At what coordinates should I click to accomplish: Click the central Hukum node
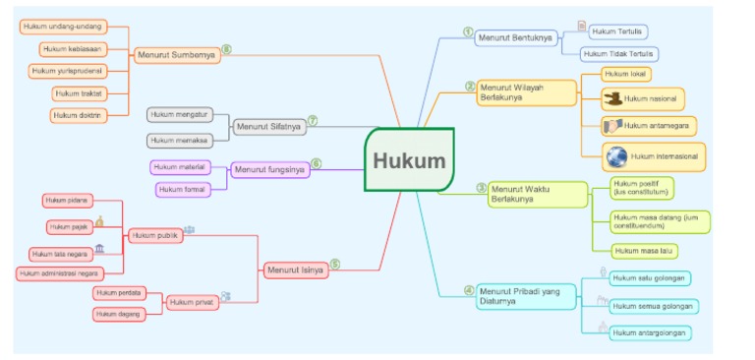(x=409, y=160)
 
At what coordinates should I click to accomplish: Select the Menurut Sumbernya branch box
(x=176, y=54)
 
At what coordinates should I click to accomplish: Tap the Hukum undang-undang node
(x=62, y=26)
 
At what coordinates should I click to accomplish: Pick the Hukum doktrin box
(x=78, y=115)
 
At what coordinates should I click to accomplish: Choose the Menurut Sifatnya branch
(x=269, y=127)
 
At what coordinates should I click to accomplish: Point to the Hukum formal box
(x=181, y=188)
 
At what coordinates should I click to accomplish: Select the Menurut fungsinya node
(x=269, y=170)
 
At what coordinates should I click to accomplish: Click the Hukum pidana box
(x=68, y=201)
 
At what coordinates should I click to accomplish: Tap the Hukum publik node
(x=156, y=235)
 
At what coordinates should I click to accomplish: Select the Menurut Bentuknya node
(x=515, y=37)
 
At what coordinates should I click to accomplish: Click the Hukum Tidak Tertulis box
(x=619, y=54)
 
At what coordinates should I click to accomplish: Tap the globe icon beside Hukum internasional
(x=616, y=156)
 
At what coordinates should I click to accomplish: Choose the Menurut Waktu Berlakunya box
(x=528, y=195)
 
